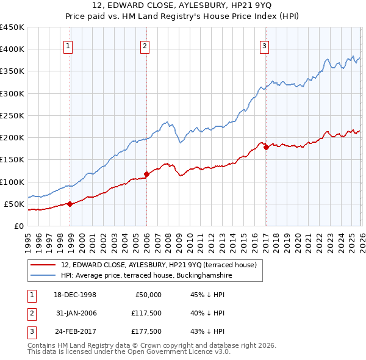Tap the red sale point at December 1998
point(70,204)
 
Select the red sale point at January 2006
point(146,174)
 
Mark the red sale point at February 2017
point(266,147)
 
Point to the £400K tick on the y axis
point(12,49)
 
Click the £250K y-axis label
point(12,115)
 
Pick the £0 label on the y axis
point(18,226)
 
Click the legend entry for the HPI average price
point(146,276)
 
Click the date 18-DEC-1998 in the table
point(76,294)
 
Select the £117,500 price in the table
point(146,314)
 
